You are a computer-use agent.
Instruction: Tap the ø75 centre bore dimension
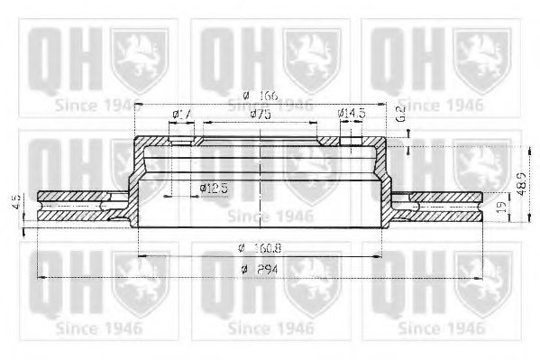[261, 115]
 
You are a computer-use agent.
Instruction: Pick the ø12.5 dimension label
[213, 187]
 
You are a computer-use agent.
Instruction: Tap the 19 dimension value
[501, 208]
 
